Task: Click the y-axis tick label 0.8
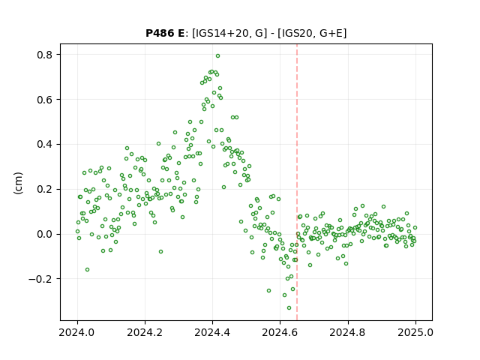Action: (x=45, y=55)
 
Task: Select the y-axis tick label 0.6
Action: (x=45, y=100)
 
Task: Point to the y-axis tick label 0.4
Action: (x=45, y=145)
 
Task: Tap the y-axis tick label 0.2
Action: (x=45, y=190)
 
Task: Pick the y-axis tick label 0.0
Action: (x=45, y=235)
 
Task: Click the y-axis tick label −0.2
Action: (x=40, y=279)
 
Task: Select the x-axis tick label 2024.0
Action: (x=77, y=332)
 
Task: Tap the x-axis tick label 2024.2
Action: (x=145, y=332)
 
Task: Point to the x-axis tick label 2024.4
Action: (x=212, y=332)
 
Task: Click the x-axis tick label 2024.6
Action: (x=280, y=332)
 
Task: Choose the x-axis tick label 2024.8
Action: (x=348, y=332)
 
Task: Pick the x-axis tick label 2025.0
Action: (x=415, y=332)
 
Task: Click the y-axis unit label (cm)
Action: (x=18, y=183)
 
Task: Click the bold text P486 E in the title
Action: (x=165, y=33)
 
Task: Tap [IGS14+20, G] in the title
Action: (x=227, y=33)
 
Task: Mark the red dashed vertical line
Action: (x=297, y=182)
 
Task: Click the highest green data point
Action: (x=217, y=56)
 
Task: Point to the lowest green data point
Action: (x=289, y=308)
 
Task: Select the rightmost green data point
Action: (x=415, y=228)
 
